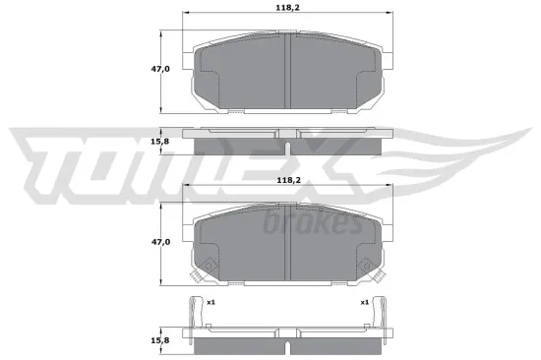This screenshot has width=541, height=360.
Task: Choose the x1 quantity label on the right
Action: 364,302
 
